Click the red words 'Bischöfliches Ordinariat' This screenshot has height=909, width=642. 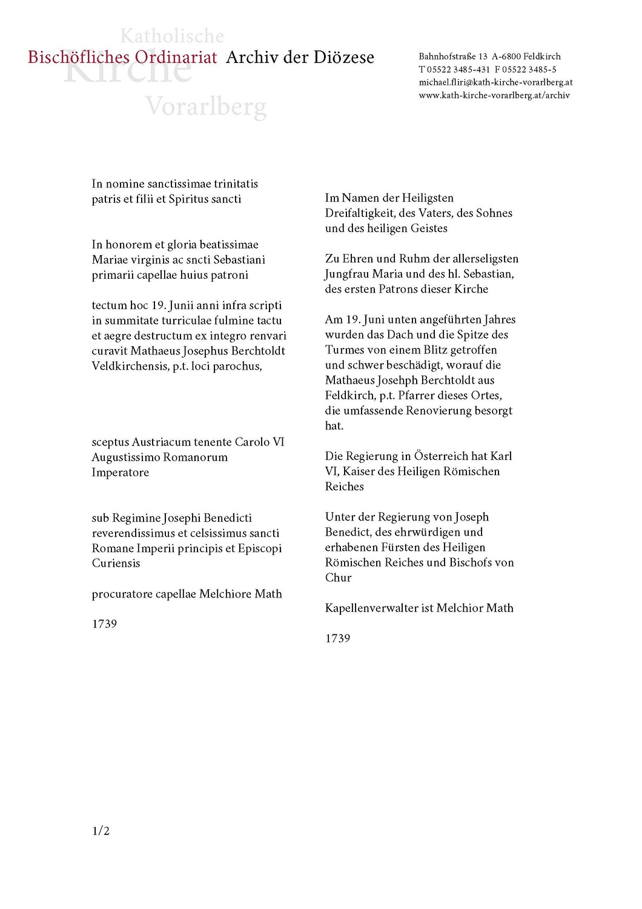point(122,58)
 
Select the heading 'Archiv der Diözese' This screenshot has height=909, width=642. point(300,58)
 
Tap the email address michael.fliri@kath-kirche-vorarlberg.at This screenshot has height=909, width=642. point(495,82)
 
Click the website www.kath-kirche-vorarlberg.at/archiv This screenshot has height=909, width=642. point(494,95)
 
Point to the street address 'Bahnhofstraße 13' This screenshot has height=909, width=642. point(453,56)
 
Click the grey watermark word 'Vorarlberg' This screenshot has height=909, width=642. point(206,107)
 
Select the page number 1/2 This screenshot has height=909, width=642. point(101,831)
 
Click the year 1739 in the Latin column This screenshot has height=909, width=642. point(104,624)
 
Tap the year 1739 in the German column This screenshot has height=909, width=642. point(337,638)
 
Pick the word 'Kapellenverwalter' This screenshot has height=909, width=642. point(371,608)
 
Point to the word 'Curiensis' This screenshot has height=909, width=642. point(116,563)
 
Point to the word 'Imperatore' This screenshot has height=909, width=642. point(120,472)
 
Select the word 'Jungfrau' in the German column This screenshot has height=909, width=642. point(349,274)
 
